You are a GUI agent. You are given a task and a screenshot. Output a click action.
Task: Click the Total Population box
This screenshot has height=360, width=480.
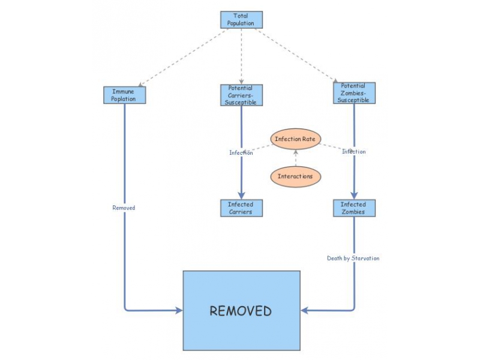(x=241, y=20)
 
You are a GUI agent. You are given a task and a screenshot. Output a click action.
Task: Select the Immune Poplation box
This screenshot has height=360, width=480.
(x=124, y=95)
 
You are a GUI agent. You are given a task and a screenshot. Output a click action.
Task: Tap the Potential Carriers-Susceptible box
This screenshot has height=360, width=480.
(x=241, y=95)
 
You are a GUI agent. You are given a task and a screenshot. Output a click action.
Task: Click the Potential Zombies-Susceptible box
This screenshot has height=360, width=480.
(x=354, y=93)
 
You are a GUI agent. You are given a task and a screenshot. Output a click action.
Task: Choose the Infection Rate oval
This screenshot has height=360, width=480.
(x=295, y=139)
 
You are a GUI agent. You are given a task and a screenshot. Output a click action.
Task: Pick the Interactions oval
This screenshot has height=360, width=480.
(x=295, y=176)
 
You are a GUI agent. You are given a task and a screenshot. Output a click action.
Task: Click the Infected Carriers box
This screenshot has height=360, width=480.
(x=241, y=208)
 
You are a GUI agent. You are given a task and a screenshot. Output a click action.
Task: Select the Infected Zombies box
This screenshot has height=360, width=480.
(x=354, y=208)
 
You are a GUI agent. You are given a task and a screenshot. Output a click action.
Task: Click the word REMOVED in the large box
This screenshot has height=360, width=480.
(x=241, y=311)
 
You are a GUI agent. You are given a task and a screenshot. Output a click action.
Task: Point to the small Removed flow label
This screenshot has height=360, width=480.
(x=124, y=208)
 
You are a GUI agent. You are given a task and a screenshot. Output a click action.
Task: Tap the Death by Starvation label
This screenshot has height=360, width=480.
(x=353, y=258)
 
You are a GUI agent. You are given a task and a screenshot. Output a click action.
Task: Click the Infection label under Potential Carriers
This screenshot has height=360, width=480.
(x=241, y=152)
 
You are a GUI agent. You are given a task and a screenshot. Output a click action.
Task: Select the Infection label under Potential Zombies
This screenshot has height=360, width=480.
(x=354, y=152)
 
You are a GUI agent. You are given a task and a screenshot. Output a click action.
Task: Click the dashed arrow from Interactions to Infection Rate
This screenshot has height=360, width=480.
(x=295, y=158)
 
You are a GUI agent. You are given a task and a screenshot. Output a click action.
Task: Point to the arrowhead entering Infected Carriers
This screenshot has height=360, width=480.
(x=241, y=196)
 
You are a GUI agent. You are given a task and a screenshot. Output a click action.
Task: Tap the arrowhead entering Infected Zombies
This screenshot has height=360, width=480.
(x=354, y=196)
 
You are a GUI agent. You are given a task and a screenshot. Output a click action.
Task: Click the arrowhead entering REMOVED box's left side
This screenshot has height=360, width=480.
(x=178, y=311)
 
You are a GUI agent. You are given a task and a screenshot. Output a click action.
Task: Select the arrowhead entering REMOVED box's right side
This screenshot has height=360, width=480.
(x=305, y=311)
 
